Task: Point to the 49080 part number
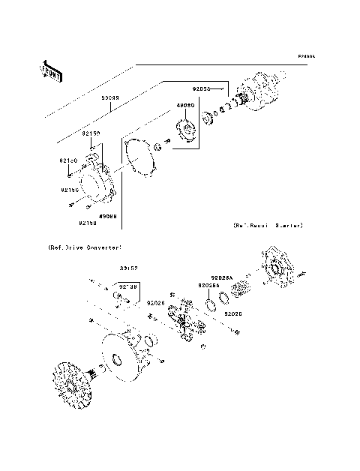point(185,106)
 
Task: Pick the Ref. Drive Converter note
point(79,245)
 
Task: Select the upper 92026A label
point(223,276)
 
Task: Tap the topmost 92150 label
point(91,133)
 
